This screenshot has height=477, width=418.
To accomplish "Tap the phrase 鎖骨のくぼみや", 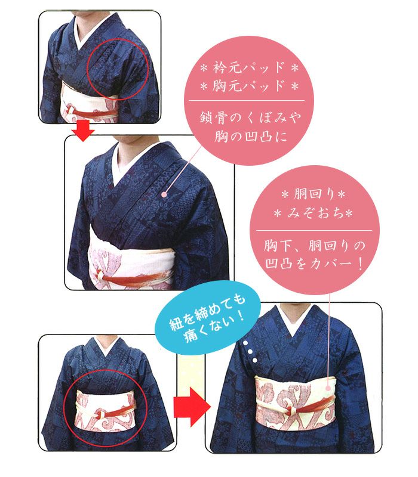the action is [250, 117].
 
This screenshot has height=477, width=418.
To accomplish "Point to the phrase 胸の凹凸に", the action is [250, 136].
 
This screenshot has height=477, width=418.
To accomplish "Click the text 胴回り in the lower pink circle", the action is [314, 194].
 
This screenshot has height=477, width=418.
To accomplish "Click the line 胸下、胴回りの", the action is [314, 246].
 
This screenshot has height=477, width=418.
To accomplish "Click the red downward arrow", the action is [83, 131].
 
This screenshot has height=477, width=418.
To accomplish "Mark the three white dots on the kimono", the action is [250, 352].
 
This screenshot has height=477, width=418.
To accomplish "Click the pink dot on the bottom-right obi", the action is [328, 389].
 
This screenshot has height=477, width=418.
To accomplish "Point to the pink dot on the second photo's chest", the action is [164, 194].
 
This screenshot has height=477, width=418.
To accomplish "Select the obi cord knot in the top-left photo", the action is [70, 110].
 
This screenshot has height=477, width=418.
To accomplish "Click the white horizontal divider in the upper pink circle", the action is [247, 100].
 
